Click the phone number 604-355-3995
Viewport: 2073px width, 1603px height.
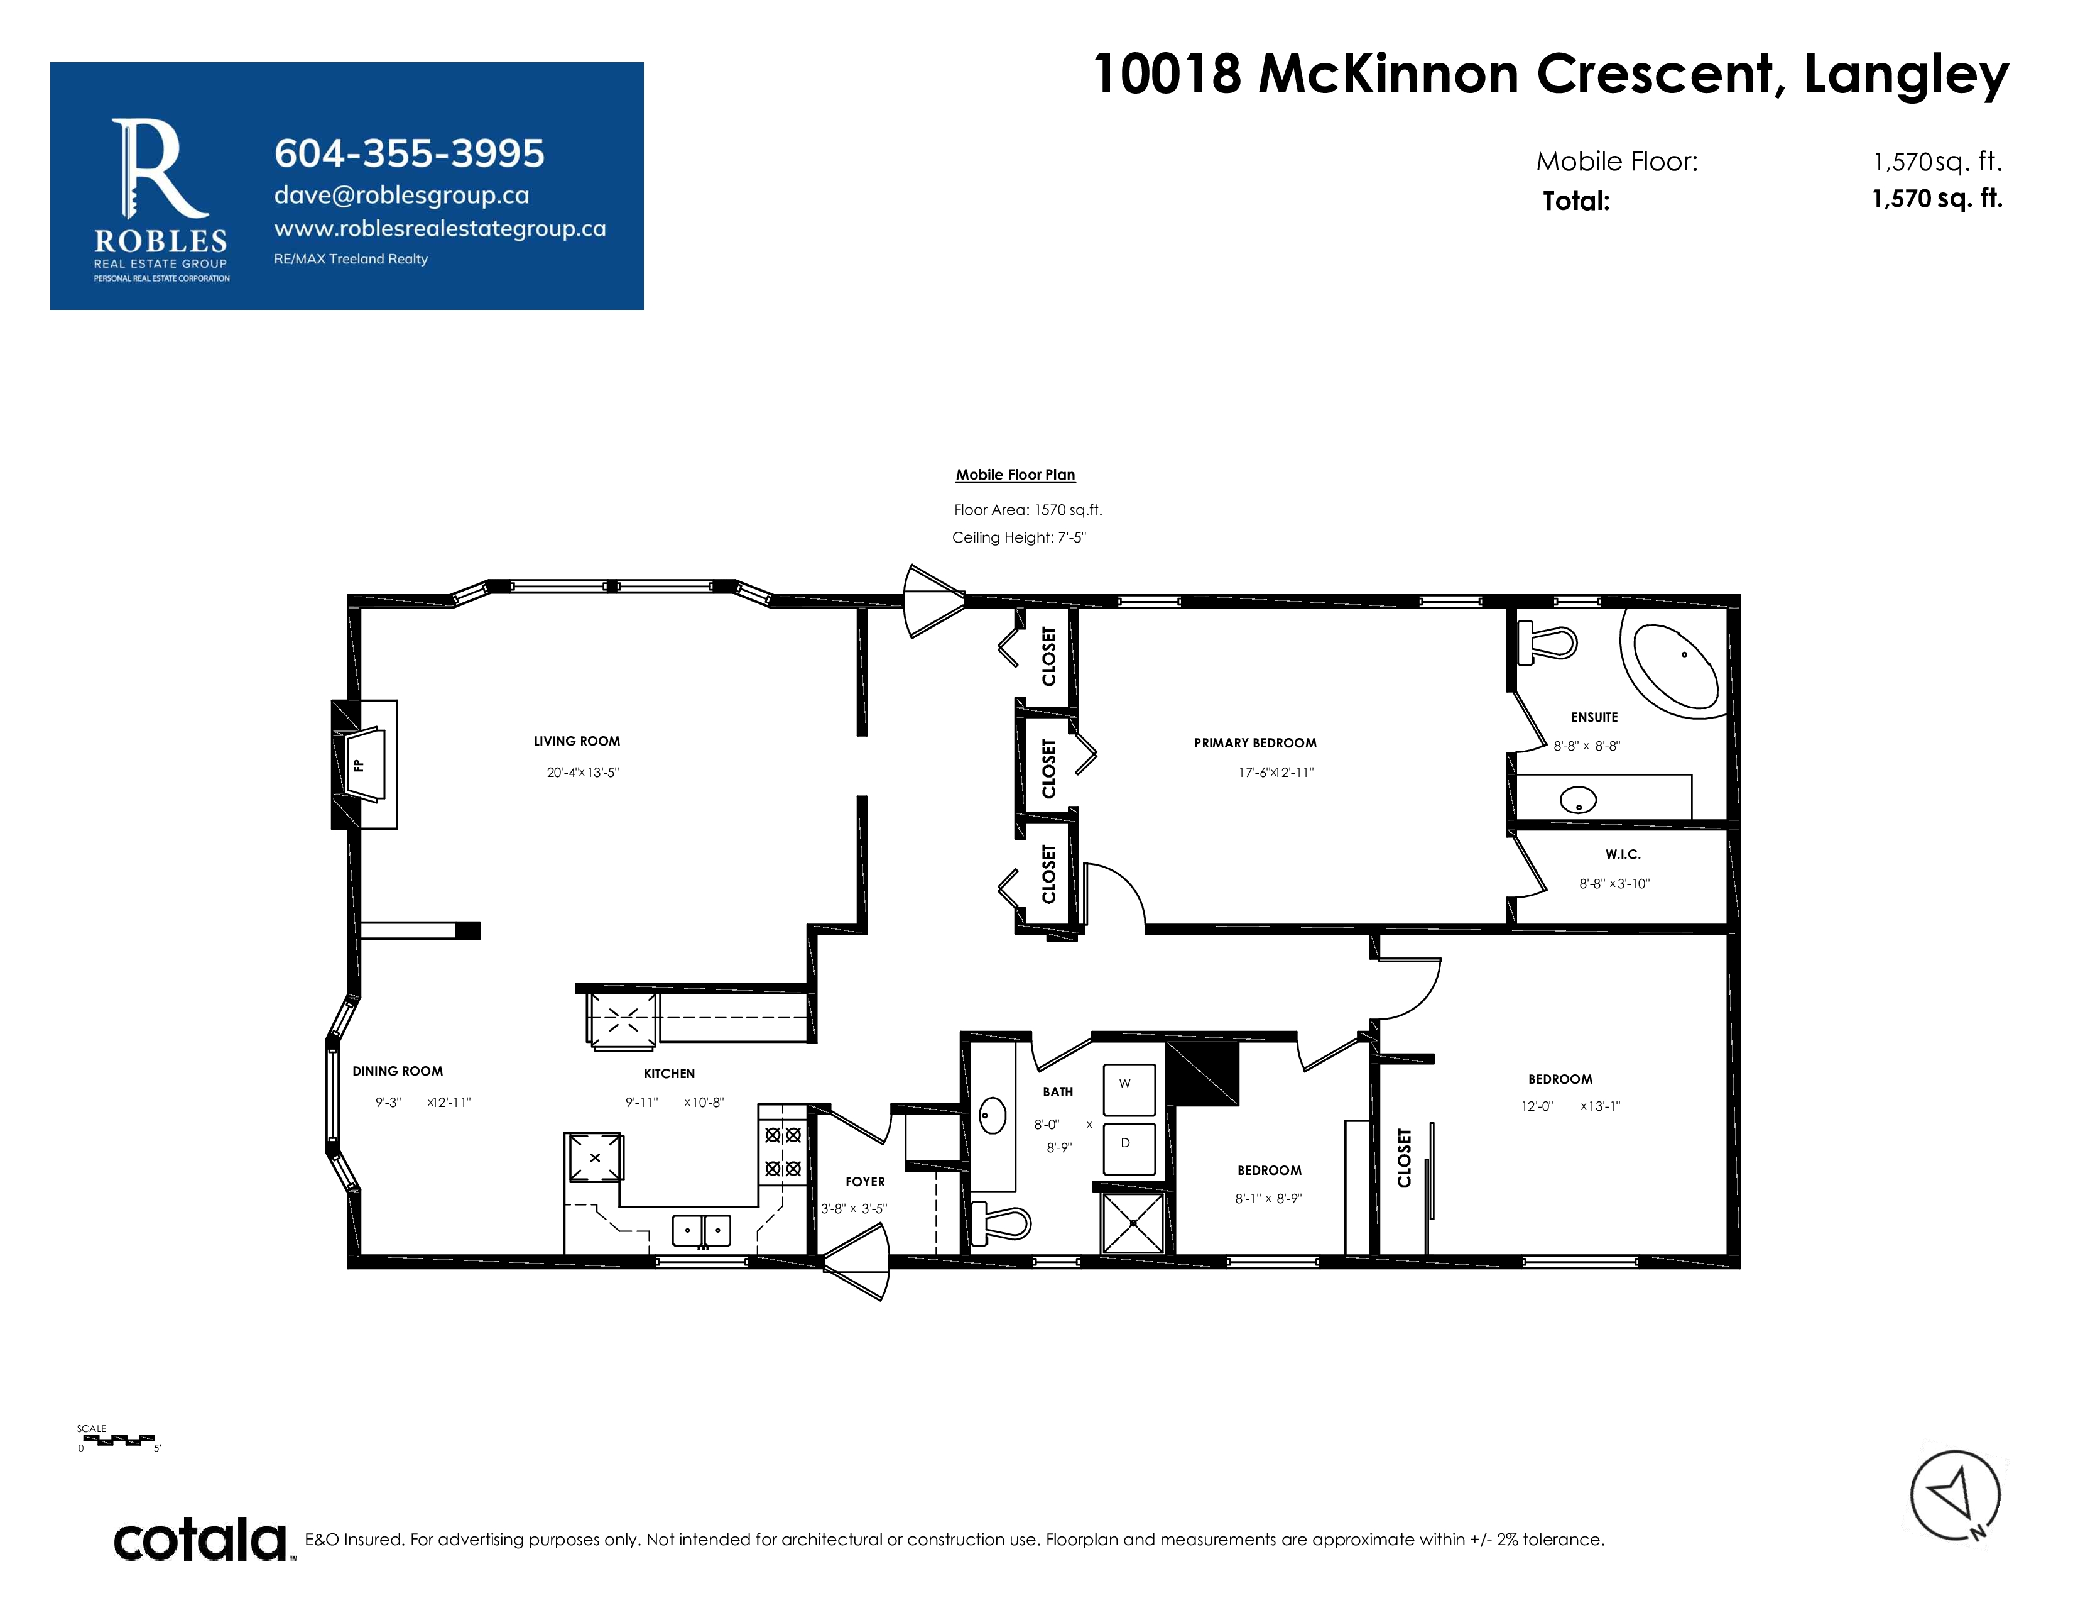pyautogui.click(x=409, y=153)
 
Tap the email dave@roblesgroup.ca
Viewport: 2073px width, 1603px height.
pyautogui.click(x=401, y=196)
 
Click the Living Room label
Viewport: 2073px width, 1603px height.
pyautogui.click(x=576, y=741)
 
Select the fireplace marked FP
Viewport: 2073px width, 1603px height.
pyautogui.click(x=364, y=764)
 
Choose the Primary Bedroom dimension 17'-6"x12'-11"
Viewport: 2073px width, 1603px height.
pyautogui.click(x=1276, y=772)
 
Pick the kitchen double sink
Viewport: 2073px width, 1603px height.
pyautogui.click(x=702, y=1230)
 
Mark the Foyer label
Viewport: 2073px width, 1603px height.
pyautogui.click(x=865, y=1181)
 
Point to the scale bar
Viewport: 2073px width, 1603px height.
pyautogui.click(x=119, y=1439)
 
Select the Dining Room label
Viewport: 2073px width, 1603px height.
pyautogui.click(x=398, y=1071)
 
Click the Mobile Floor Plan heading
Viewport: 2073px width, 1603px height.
pyautogui.click(x=1015, y=475)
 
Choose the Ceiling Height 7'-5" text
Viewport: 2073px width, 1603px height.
pyautogui.click(x=1018, y=537)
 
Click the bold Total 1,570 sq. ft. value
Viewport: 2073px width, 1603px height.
pyautogui.click(x=1936, y=199)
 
